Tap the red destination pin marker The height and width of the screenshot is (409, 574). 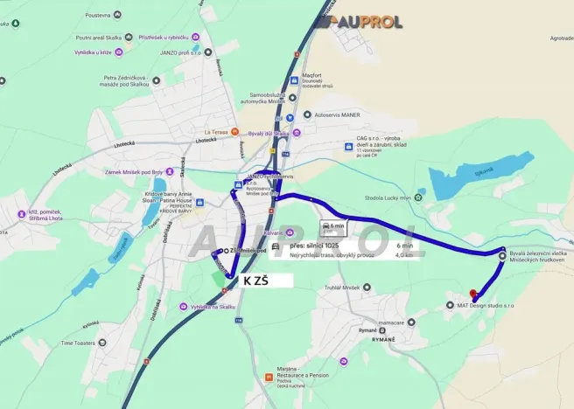(472, 295)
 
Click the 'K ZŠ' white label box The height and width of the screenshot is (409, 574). (255, 280)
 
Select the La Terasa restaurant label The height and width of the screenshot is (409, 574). (219, 132)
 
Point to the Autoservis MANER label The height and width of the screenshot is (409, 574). (337, 114)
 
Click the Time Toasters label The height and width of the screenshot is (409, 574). (83, 343)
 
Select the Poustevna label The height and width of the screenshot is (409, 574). (102, 15)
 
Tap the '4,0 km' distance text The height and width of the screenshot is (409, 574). (404, 255)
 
